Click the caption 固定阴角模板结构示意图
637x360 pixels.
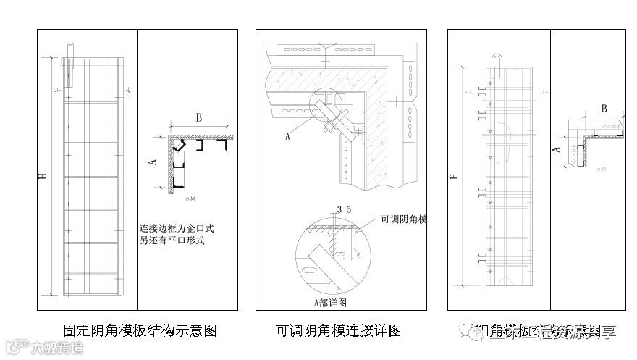click(140, 331)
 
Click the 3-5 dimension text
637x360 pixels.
click(344, 211)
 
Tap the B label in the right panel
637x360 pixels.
click(603, 109)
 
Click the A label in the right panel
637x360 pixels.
click(555, 148)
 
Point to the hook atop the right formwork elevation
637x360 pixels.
click(499, 64)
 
